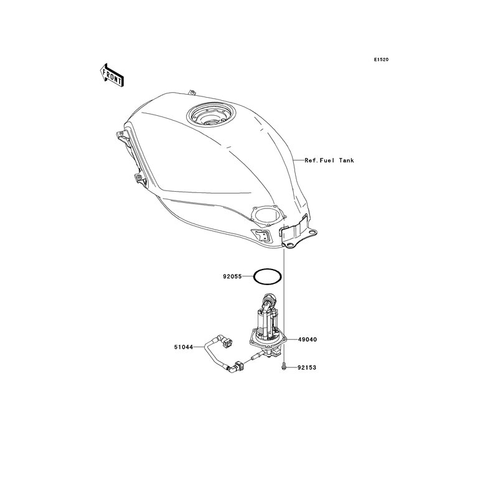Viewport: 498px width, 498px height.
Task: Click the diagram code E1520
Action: tap(381, 59)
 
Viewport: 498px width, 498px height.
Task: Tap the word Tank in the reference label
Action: tap(346, 161)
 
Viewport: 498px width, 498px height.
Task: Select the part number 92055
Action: tap(232, 276)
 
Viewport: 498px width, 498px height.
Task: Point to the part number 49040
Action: tap(308, 339)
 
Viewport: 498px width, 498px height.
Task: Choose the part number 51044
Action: tap(183, 347)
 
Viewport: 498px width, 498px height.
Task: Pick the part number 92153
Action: tap(307, 367)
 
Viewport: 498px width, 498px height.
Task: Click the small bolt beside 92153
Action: tap(284, 367)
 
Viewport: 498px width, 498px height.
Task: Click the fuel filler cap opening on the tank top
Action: tap(211, 116)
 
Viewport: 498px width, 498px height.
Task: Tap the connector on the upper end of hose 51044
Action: tap(227, 343)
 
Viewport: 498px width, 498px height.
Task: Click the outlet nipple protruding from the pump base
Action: tap(256, 357)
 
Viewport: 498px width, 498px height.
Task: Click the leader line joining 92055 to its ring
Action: tap(248, 276)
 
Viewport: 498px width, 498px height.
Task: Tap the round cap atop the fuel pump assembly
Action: tap(269, 298)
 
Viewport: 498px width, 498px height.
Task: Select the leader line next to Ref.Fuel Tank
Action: tap(299, 161)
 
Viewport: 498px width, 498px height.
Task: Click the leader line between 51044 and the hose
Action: tap(199, 347)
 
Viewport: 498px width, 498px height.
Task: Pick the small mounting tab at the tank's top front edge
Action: tap(191, 92)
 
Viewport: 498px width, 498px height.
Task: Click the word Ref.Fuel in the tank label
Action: tap(319, 161)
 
